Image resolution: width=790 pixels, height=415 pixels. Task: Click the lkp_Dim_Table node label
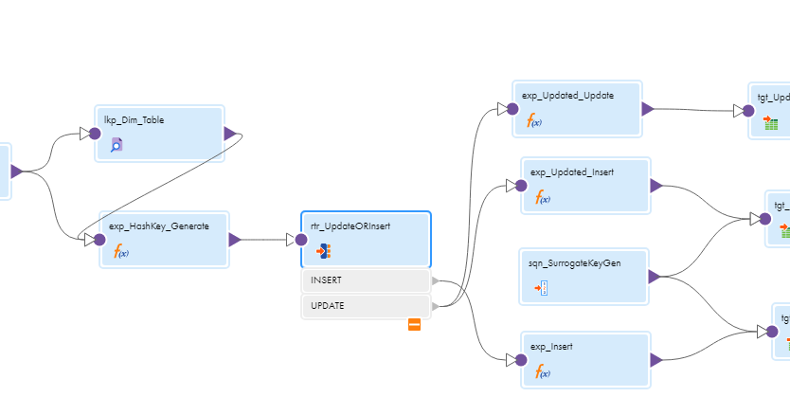pyautogui.click(x=134, y=120)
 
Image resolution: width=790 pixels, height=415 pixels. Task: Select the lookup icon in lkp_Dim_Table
pyautogui.click(x=117, y=145)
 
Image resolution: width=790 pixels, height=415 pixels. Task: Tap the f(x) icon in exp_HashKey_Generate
pyautogui.click(x=121, y=251)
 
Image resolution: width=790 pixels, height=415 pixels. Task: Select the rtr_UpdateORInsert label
pyautogui.click(x=350, y=226)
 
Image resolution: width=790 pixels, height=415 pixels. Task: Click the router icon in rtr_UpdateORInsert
pyautogui.click(x=323, y=251)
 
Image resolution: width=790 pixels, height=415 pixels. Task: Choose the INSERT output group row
pyautogui.click(x=366, y=280)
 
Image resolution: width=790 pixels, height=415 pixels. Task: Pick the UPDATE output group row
pyautogui.click(x=366, y=306)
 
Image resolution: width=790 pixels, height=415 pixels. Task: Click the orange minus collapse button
pyautogui.click(x=414, y=325)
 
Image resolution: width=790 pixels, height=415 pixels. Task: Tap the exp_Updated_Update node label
pyautogui.click(x=567, y=96)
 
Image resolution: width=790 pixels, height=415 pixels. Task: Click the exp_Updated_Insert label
pyautogui.click(x=571, y=172)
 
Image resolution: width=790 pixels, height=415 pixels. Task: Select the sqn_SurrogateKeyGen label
pyautogui.click(x=575, y=263)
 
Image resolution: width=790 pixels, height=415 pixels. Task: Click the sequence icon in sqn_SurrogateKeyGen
pyautogui.click(x=541, y=288)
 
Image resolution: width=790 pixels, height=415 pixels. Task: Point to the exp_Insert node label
pyautogui.click(x=551, y=347)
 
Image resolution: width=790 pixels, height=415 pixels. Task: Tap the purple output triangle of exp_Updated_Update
pyautogui.click(x=648, y=109)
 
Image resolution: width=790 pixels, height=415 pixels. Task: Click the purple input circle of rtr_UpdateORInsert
pyautogui.click(x=300, y=240)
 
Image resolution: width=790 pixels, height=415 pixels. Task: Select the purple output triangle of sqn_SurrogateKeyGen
pyautogui.click(x=654, y=277)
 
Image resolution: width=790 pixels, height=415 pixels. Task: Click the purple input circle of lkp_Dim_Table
pyautogui.click(x=95, y=134)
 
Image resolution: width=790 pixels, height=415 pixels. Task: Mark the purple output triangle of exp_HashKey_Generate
pyautogui.click(x=234, y=240)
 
